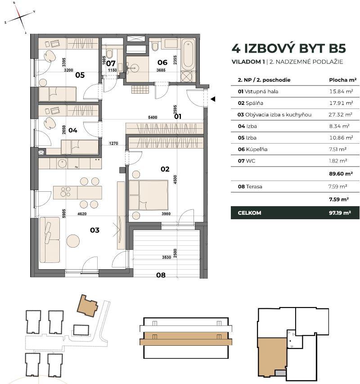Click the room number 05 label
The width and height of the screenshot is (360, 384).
(x=80, y=75)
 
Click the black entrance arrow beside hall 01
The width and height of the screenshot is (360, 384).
(x=213, y=99)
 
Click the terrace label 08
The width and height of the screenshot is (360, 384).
(x=161, y=275)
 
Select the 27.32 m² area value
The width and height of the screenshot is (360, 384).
(x=338, y=115)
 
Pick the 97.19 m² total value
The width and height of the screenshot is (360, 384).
(x=340, y=212)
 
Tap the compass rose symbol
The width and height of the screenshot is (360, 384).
(x=21, y=18)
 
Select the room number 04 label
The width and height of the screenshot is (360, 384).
(x=73, y=131)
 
